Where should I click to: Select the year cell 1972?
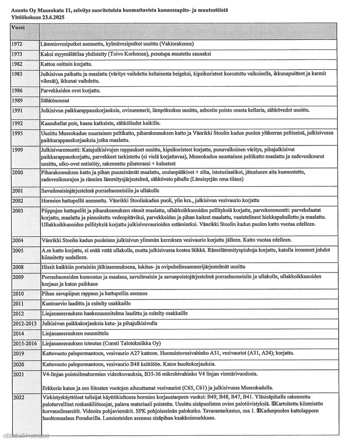pyautogui.click(x=17, y=44)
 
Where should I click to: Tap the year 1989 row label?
pyautogui.click(x=17, y=100)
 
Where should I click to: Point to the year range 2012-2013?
pyautogui.click(x=25, y=323)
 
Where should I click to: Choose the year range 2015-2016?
pyautogui.click(x=25, y=343)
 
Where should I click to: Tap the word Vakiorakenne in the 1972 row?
pyautogui.click(x=177, y=44)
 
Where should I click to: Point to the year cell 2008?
pyautogui.click(x=18, y=266)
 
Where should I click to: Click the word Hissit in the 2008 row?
pyautogui.click(x=48, y=266)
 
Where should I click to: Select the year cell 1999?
pyautogui.click(x=17, y=150)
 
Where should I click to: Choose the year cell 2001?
pyautogui.click(x=18, y=191)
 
